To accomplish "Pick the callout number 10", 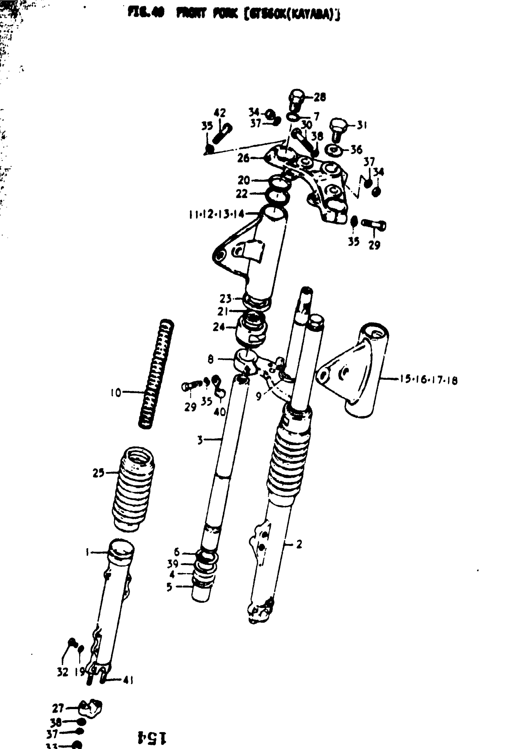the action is (116, 392).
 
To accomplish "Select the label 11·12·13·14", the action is (216, 214).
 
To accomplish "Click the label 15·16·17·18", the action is (428, 380).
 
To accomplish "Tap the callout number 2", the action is (299, 544).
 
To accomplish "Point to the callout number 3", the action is (200, 440).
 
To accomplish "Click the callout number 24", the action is (219, 327).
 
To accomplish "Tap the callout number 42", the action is (219, 113).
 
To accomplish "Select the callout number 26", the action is (243, 158).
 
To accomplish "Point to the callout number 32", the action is (63, 672).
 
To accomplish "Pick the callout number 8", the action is (210, 359).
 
